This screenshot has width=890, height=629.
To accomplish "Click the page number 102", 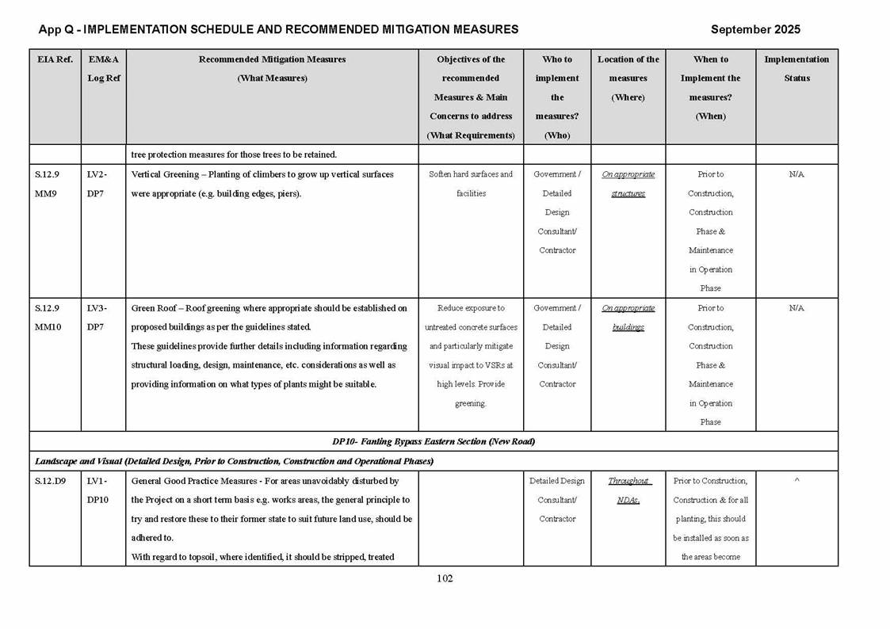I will (445, 578).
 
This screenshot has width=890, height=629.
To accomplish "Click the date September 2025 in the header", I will (754, 29).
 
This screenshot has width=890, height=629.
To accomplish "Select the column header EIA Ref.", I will (54, 59).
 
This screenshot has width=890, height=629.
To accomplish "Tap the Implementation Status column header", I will (796, 69).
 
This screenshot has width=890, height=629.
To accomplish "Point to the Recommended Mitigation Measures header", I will (272, 69).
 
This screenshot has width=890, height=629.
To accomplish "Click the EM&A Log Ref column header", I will (103, 69).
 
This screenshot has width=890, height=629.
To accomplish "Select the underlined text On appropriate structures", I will (628, 184).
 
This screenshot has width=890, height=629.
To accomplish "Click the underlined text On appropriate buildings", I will (628, 318).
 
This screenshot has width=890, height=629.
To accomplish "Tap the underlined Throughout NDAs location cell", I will (628, 490).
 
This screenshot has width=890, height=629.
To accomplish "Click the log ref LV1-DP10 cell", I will (97, 490).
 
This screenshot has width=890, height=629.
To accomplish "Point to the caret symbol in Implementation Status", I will (796, 481).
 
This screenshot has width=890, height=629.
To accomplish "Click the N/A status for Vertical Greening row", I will (796, 174).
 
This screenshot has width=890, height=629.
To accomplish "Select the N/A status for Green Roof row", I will (796, 308).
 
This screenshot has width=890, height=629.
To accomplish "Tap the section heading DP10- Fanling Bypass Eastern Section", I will (433, 441).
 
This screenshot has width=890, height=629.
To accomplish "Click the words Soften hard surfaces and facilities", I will (471, 184).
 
